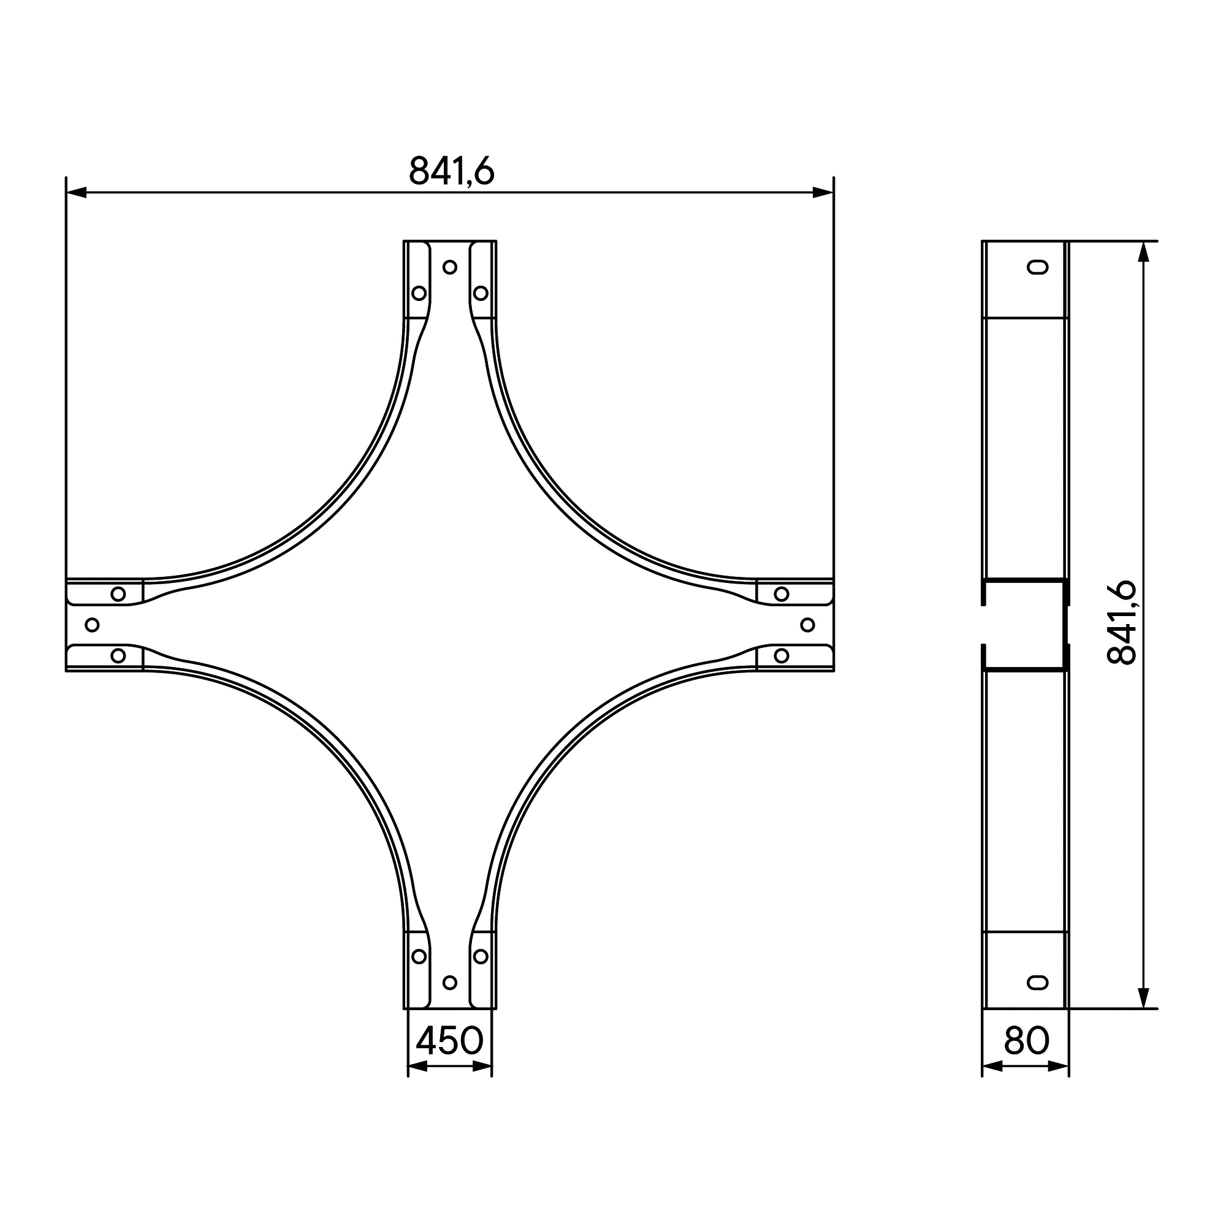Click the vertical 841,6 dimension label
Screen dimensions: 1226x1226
1121,623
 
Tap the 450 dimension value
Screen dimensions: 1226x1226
449,1041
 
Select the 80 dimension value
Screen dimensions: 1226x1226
1026,1041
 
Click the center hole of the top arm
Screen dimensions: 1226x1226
450,267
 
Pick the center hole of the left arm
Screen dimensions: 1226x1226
92,625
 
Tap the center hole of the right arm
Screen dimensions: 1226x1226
808,625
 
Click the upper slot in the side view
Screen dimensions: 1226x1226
1038,267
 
